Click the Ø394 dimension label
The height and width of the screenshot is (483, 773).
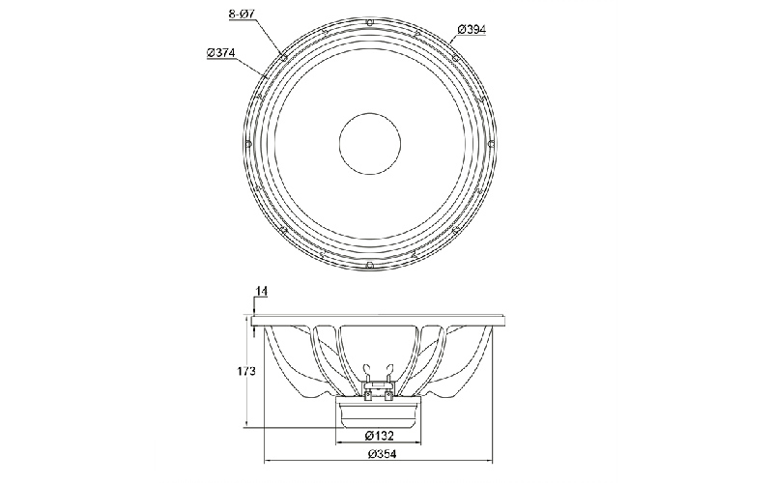pyautogui.click(x=472, y=30)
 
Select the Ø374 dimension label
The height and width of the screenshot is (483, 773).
pyautogui.click(x=221, y=52)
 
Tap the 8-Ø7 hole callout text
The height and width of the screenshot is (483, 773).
pyautogui.click(x=242, y=14)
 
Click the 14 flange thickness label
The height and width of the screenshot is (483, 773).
pyautogui.click(x=261, y=292)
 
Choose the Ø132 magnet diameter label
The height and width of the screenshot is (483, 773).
pyautogui.click(x=379, y=436)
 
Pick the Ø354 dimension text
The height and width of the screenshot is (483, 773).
pyautogui.click(x=382, y=454)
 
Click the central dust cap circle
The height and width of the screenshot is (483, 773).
pyautogui.click(x=370, y=143)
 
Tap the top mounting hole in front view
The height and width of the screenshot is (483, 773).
pyautogui.click(x=370, y=21)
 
